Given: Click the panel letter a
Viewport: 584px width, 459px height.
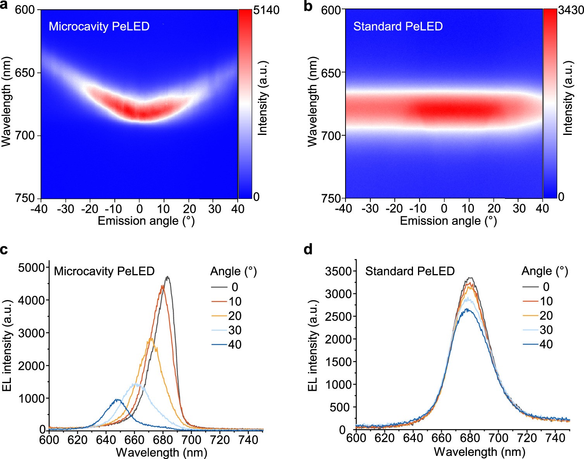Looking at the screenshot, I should point(4,6).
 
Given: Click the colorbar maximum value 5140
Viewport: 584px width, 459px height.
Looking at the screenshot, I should point(266,10).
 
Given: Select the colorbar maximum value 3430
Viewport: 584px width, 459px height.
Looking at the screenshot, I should point(571,10).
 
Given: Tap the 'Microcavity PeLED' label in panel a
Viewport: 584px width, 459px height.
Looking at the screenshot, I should point(99,26).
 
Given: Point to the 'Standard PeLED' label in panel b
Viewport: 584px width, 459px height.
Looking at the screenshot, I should point(398,26).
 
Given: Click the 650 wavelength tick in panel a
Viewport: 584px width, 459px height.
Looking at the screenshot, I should point(25,73).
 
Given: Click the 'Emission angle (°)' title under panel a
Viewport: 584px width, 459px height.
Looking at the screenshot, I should point(146,221).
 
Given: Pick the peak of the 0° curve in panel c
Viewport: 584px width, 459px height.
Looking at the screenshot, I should point(168,277).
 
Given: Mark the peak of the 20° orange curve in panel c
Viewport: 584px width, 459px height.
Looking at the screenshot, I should point(150,339).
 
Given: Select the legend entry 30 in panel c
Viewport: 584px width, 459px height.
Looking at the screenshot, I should point(235,330).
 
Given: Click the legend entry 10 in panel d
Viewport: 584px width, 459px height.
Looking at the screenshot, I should point(546,301).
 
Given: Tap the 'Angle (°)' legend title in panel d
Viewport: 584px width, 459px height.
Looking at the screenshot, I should point(544,271).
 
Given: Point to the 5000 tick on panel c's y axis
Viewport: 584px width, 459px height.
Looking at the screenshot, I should point(31,268).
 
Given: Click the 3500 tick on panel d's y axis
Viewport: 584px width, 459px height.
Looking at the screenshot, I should point(338,271).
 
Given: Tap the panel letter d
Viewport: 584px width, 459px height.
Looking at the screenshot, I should point(308,250).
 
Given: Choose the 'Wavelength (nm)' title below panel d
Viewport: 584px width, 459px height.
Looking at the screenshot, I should point(479,452).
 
